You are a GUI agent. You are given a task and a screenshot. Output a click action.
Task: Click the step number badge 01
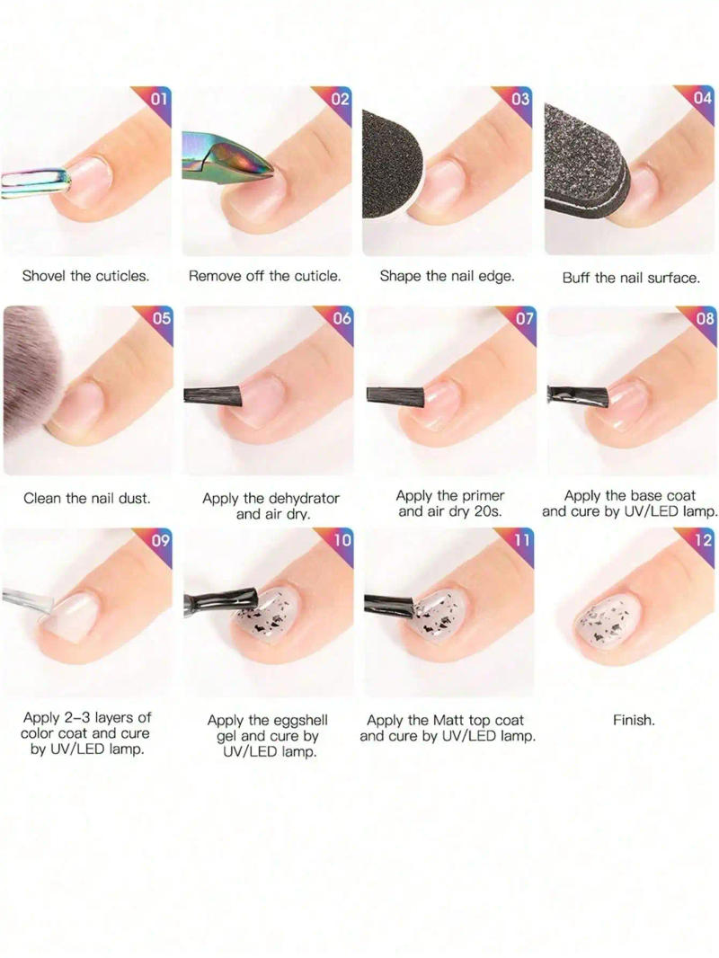tap(158, 98)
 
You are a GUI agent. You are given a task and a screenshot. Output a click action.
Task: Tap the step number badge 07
tap(524, 318)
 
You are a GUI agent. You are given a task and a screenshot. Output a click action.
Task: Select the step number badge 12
tap(704, 540)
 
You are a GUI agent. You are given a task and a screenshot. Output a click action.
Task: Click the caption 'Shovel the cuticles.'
tap(86, 276)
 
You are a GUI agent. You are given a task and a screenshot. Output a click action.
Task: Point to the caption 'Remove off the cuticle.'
tap(265, 276)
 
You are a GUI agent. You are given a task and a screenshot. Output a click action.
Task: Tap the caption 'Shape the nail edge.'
tap(447, 276)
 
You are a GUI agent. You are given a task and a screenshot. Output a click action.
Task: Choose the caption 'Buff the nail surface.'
tap(630, 278)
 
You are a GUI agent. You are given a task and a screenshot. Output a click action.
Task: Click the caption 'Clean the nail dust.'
tap(86, 498)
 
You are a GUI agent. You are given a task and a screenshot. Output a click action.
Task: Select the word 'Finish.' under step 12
tap(634, 720)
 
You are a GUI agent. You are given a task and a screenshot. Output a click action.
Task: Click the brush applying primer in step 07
tap(395, 394)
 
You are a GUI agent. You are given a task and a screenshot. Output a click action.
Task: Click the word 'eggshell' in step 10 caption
tap(297, 720)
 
